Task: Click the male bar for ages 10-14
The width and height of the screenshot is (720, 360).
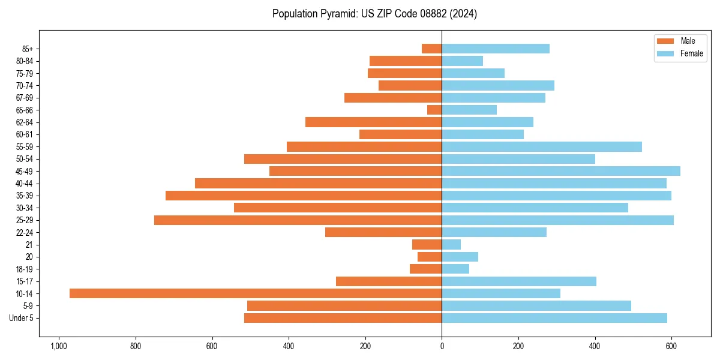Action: point(256,293)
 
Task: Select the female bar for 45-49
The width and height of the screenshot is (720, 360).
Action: point(561,171)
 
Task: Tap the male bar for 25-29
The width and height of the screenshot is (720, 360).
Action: point(298,220)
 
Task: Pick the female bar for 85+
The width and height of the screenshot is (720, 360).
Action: point(496,49)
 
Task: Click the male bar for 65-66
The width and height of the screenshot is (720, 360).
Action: point(434,110)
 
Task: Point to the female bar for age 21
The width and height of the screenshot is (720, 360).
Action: point(451,245)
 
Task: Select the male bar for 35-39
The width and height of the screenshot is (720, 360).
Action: point(304,196)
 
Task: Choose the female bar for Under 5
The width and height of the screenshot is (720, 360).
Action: point(554,318)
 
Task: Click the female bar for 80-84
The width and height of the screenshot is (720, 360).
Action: point(463,61)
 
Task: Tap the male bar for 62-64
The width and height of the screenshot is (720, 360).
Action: point(374,122)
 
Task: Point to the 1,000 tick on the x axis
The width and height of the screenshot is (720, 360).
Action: point(58,346)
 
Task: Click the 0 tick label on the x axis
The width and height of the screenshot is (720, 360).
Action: point(442,346)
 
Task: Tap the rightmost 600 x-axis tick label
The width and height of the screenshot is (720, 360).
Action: point(671,346)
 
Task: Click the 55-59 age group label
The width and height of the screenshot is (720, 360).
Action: point(25,147)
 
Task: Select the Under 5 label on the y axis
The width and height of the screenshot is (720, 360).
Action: point(21,318)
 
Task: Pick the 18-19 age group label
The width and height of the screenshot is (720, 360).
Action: point(25,269)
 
